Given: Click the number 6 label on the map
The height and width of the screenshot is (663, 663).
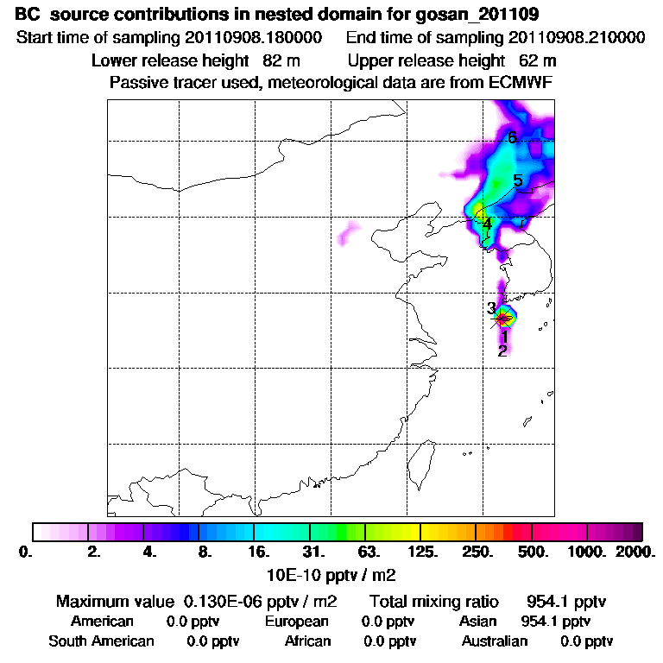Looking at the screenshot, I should click(512, 137).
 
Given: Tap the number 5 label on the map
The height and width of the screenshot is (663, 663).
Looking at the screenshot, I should click(518, 180).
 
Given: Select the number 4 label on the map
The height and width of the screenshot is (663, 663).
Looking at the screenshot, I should click(488, 224).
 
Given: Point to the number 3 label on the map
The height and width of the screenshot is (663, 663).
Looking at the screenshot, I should click(490, 308).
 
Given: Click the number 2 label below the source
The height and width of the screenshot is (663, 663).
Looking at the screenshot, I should click(502, 350).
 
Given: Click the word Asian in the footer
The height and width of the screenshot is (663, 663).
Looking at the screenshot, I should click(477, 622).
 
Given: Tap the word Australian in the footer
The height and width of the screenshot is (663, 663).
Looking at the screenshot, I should click(495, 641).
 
